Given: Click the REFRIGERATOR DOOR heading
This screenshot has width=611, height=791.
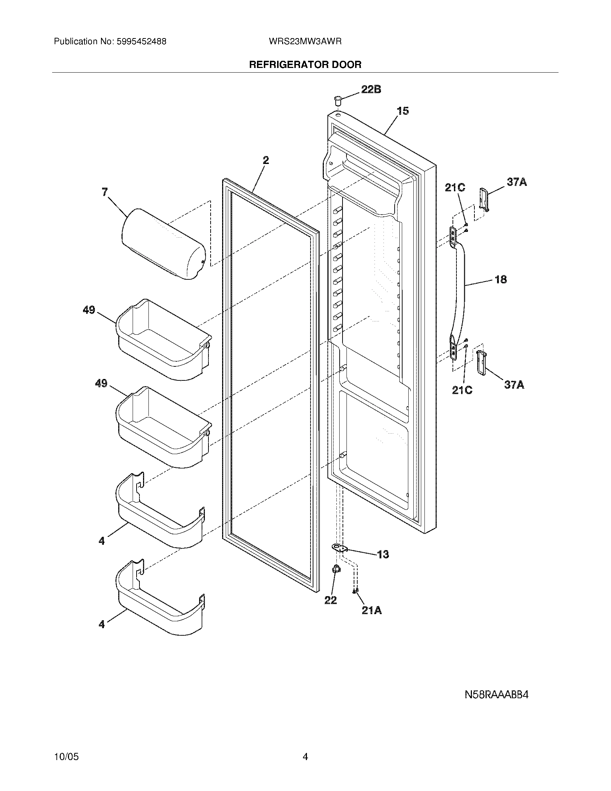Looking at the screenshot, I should click(x=305, y=65).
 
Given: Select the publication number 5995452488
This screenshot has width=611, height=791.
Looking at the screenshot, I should click(x=142, y=42).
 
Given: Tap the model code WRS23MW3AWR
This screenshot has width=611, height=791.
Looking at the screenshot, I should click(x=305, y=42).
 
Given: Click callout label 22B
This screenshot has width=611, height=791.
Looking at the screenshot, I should click(x=371, y=89).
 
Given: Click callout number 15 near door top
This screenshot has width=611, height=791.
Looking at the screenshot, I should click(x=403, y=111).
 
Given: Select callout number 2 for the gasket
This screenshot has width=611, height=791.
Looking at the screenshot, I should click(x=266, y=160).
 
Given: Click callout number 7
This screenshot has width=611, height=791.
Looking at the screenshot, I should click(x=105, y=192).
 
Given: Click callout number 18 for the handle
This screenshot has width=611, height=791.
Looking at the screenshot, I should click(x=501, y=279).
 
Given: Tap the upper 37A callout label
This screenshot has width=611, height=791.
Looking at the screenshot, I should click(x=516, y=182).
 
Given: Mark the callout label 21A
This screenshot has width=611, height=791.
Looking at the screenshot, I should click(x=371, y=610).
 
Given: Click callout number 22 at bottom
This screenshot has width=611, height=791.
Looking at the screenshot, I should click(x=330, y=600).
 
